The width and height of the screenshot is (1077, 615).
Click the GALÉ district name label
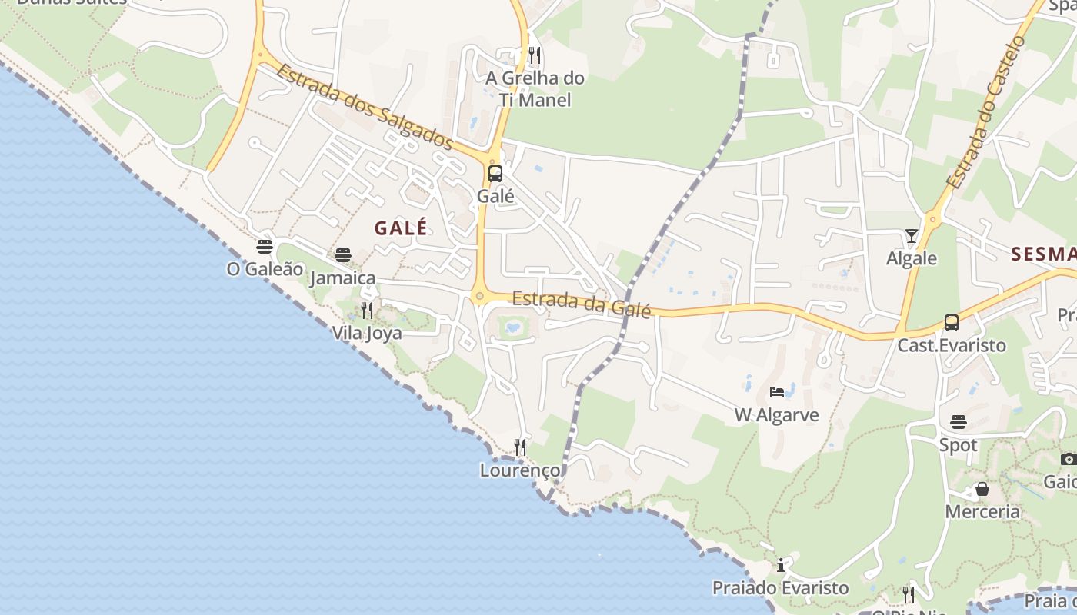400,228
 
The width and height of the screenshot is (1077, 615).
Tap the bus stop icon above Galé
495,173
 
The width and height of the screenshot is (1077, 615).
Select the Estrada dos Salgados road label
364,106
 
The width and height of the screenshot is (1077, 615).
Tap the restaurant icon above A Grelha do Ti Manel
535,55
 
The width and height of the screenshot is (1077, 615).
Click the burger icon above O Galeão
265,247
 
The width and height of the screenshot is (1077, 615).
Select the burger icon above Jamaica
343,255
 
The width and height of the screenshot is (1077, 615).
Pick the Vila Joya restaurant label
367,333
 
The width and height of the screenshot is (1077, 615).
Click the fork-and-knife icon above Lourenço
520,447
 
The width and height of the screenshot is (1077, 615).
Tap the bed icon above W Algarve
777,392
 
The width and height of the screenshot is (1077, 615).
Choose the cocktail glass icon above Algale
912,236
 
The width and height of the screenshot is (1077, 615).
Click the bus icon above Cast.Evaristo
952,323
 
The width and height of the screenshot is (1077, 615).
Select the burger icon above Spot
959,422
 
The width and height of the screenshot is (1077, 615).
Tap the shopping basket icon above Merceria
982,489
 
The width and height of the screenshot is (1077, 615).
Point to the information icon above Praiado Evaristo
781,566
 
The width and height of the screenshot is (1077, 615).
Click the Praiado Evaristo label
780,588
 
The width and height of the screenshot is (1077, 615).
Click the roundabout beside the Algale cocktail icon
933,220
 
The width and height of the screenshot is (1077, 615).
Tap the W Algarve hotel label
776,415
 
